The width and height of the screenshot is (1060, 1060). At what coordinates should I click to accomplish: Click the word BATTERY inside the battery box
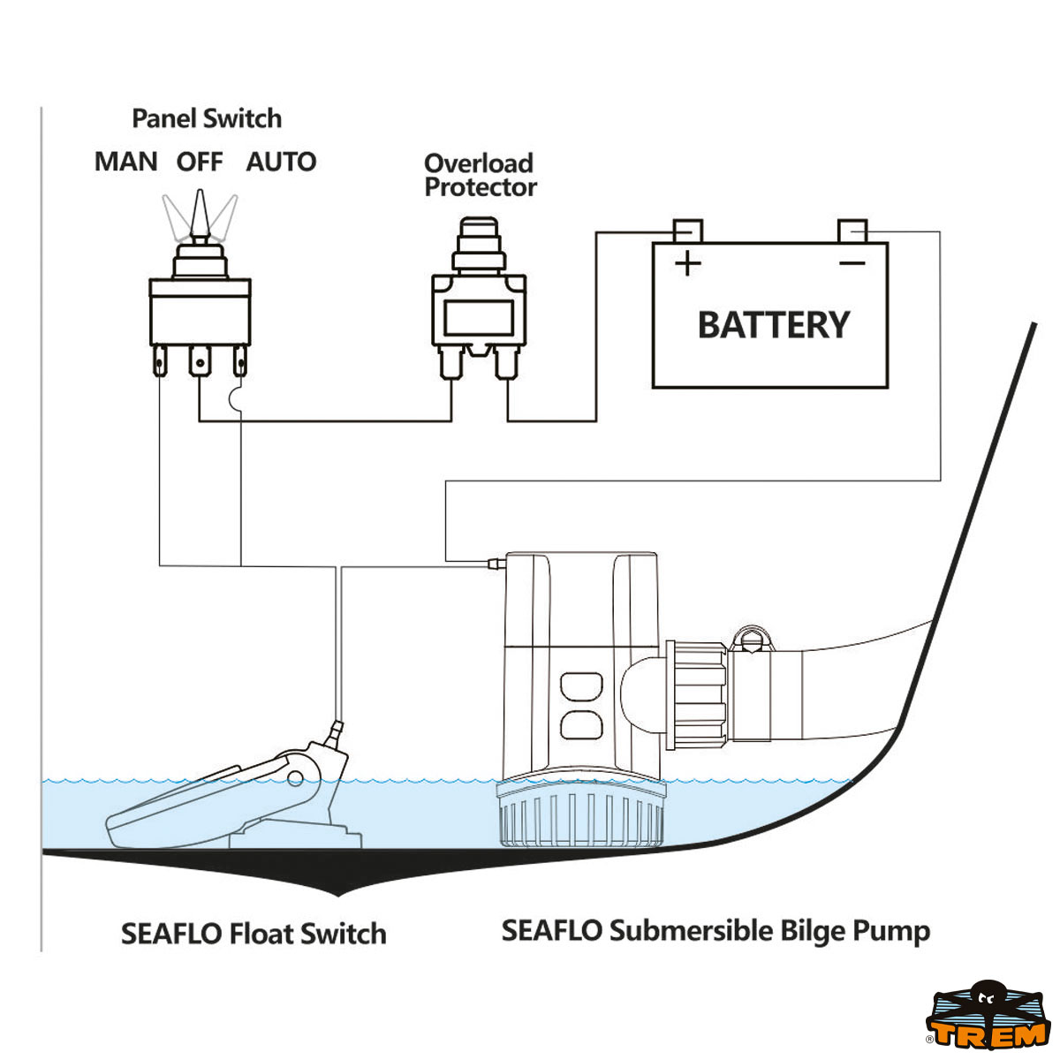(x=773, y=325)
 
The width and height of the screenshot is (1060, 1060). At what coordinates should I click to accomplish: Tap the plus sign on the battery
(x=687, y=263)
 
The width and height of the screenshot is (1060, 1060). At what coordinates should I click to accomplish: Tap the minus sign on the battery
(x=852, y=263)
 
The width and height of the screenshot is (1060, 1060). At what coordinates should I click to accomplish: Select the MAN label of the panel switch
(x=126, y=163)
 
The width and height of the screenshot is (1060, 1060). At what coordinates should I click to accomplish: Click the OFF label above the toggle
(x=200, y=163)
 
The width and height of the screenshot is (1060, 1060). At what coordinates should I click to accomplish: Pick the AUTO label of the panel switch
(x=281, y=163)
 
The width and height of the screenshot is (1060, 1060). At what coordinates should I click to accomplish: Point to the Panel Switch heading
(x=207, y=118)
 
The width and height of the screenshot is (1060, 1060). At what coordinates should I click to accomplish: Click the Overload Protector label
(x=480, y=175)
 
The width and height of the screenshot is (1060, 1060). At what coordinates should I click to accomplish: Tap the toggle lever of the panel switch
(x=201, y=212)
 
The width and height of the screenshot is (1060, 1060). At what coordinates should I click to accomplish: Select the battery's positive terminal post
(x=688, y=231)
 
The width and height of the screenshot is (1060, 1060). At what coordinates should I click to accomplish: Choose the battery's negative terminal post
(x=852, y=231)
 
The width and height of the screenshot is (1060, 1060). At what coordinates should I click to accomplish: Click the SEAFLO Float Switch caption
(x=254, y=934)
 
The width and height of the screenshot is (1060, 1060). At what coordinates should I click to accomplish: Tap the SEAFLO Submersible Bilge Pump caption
(x=715, y=930)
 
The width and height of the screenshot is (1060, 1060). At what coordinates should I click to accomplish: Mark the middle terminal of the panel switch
(x=201, y=362)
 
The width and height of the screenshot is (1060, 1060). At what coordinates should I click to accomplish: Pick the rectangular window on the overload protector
(x=478, y=316)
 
